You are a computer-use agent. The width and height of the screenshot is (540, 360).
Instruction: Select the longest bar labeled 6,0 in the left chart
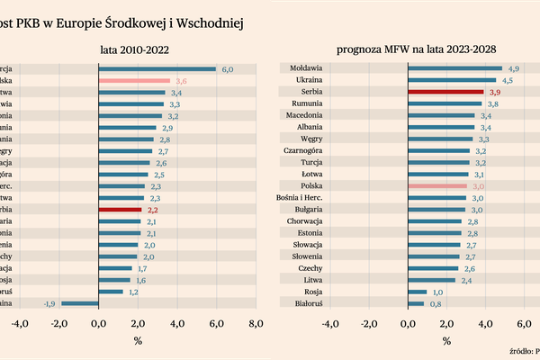157,68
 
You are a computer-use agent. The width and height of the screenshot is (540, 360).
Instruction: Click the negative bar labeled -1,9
80,303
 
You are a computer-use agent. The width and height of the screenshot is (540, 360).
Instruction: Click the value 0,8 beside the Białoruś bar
435,303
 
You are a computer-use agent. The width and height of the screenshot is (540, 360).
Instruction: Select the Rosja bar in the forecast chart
417,292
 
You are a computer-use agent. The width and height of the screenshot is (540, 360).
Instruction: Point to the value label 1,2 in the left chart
134,292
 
